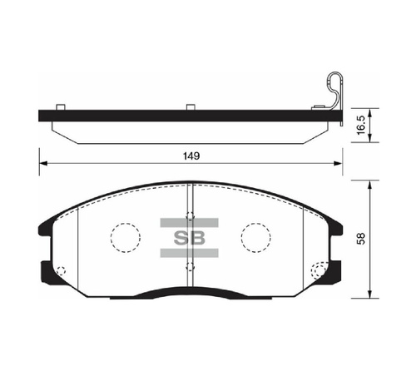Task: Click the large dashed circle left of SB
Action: coord(126,237)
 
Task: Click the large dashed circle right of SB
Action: coord(256,237)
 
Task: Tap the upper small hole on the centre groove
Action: coord(191,209)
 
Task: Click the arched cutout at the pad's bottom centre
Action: coord(190,293)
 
